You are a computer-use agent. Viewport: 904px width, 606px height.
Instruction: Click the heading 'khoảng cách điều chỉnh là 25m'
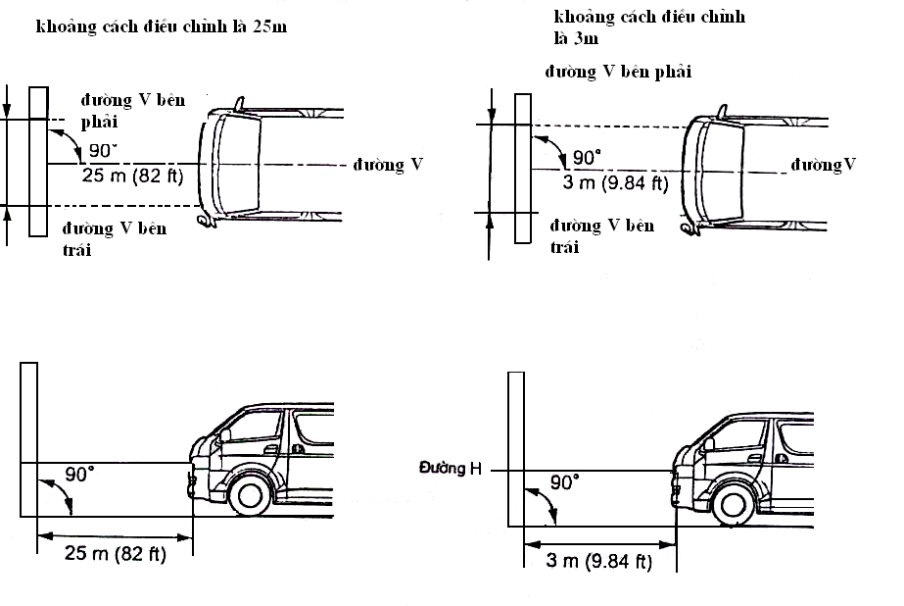(x=162, y=26)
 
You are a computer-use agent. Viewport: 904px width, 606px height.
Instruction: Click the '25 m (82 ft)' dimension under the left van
(x=116, y=554)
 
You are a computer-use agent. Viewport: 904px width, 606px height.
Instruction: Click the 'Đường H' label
(x=451, y=470)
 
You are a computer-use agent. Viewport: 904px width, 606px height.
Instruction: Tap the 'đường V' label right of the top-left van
(x=388, y=165)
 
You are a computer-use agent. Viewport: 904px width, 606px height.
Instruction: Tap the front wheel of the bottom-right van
(x=730, y=504)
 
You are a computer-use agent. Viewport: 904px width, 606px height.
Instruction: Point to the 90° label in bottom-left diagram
(x=79, y=474)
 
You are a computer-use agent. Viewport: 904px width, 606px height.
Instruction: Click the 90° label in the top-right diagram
(x=586, y=157)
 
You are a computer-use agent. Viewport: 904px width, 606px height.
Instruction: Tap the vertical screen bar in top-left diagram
(x=37, y=162)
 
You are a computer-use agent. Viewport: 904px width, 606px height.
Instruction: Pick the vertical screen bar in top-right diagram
(x=522, y=169)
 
